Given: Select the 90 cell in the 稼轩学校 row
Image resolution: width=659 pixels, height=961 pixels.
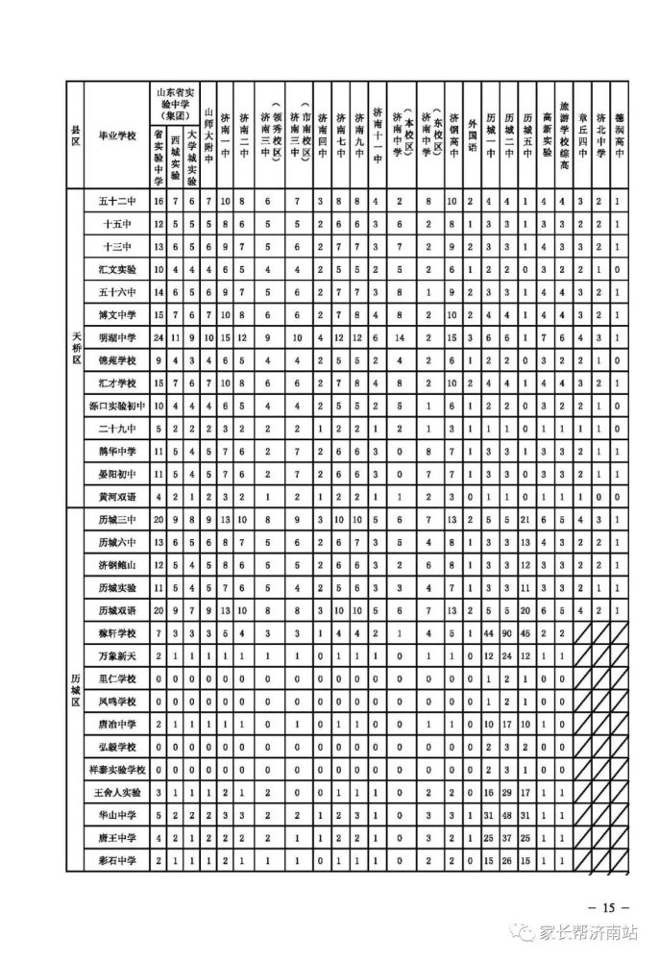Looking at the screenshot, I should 508,633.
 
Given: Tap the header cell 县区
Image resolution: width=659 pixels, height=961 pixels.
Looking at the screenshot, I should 75,136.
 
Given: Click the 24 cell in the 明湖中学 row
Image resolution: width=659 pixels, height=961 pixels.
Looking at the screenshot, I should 159,338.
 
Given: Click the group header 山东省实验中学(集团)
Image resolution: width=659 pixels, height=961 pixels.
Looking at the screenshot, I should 175,101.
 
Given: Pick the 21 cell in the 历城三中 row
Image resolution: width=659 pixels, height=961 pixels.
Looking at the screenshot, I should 527,520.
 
